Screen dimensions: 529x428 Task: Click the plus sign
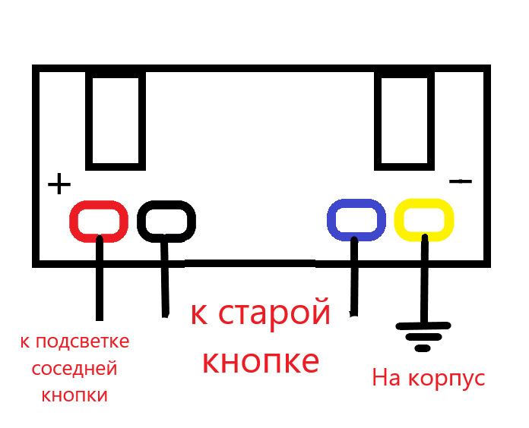tap(59, 184)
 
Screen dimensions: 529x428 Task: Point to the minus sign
tap(461, 181)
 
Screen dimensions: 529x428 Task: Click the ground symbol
tap(423, 337)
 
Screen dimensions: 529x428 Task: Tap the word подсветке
tap(82, 342)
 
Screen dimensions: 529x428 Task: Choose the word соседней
tap(74, 369)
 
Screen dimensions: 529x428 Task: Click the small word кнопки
tap(74, 395)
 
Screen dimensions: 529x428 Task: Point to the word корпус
tap(447, 379)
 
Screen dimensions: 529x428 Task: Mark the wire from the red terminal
tap(99, 278)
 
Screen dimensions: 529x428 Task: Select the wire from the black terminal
tap(165, 275)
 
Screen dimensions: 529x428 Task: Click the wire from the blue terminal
tap(354, 276)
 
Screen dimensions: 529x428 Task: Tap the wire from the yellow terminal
tap(424, 279)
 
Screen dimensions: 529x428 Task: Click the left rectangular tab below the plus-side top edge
tap(116, 120)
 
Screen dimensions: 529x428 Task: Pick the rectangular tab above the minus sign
tap(404, 120)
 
